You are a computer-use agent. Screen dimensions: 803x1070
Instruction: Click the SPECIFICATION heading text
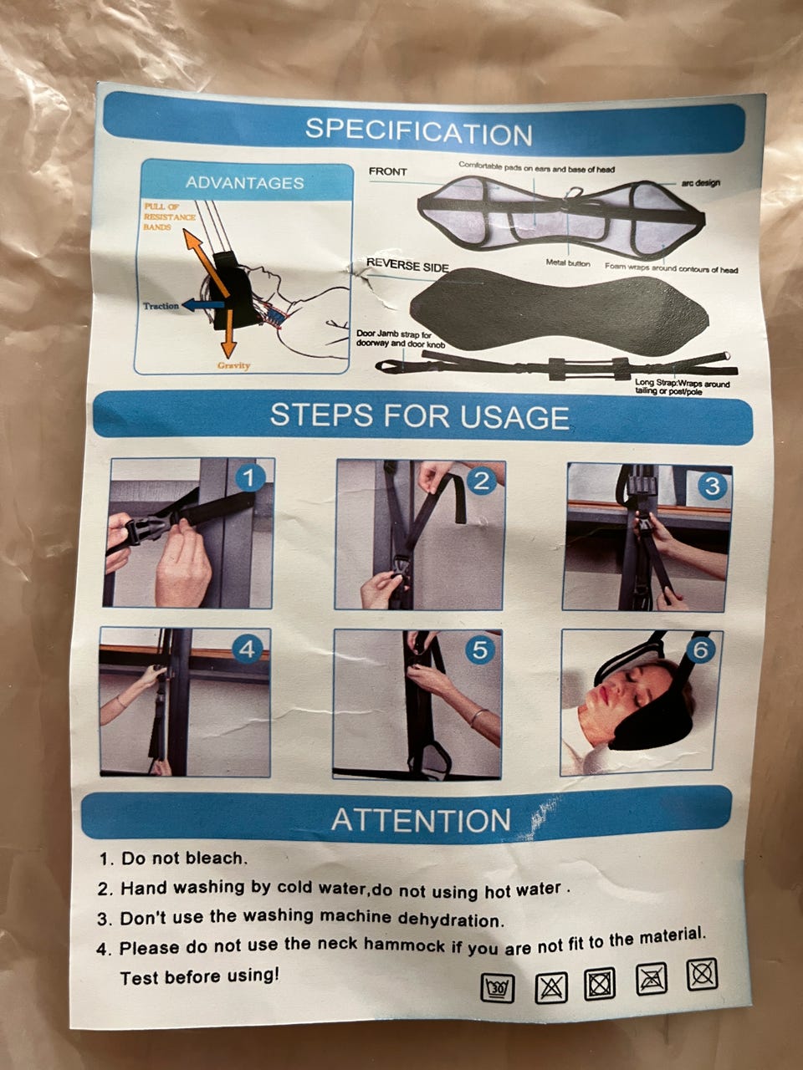[418, 130]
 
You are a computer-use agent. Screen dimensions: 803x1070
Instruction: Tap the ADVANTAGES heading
[244, 183]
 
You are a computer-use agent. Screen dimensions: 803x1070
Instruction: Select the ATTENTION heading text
[420, 819]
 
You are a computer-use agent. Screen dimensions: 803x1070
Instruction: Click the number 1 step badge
[249, 478]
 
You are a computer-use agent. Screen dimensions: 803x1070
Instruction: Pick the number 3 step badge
[711, 486]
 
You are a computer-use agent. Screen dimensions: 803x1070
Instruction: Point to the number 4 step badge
[246, 650]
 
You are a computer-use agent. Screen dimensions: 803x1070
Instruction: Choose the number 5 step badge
[479, 650]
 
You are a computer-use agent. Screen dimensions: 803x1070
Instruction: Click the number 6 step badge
[699, 650]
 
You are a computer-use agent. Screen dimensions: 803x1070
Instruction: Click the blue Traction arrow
[202, 305]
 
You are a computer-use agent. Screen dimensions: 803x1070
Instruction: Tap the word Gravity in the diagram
[233, 365]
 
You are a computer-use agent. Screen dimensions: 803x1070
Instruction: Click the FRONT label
[387, 171]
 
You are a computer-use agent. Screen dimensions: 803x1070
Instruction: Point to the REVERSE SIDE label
[407, 266]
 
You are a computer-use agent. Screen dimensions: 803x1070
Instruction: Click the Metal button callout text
[567, 263]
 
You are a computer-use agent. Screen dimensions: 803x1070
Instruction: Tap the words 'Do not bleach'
[184, 859]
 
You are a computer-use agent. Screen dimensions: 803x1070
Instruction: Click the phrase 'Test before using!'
[200, 977]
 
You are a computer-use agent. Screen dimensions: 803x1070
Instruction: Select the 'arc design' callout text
[700, 183]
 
